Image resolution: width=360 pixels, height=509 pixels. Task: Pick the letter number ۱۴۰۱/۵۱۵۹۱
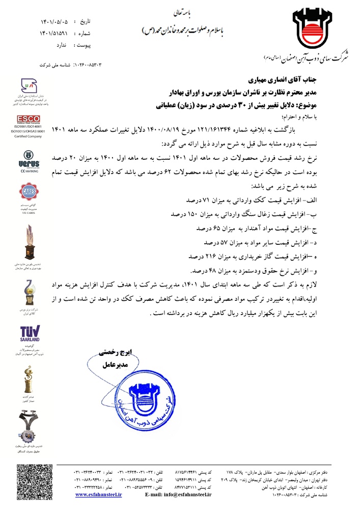click(54, 33)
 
